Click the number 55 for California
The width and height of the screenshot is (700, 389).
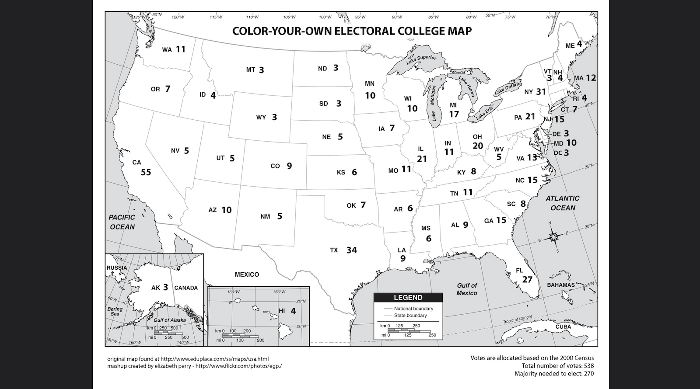(146, 172)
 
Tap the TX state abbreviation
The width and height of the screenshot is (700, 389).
(334, 250)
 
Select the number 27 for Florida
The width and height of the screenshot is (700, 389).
(527, 280)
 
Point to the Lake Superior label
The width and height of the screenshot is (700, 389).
(421, 60)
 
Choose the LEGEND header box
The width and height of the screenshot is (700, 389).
(408, 298)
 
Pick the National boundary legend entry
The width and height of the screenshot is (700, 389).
(413, 309)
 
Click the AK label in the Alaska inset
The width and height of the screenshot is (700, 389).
(155, 288)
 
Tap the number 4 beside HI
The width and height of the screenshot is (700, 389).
(293, 311)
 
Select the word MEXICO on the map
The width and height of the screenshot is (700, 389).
(247, 274)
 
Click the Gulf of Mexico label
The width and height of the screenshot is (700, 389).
(467, 289)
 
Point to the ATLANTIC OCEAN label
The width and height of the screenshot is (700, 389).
(563, 203)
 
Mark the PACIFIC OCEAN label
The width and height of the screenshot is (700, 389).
(122, 222)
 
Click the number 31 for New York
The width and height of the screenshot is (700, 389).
(541, 92)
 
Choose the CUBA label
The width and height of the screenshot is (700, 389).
(563, 327)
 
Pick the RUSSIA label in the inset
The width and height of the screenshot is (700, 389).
(117, 268)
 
